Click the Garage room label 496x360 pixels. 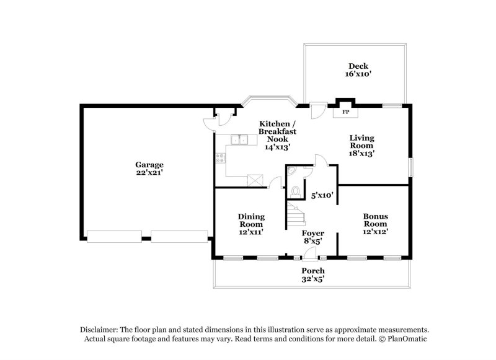[149, 169]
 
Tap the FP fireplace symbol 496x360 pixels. [345, 112]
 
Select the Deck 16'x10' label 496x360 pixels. [358, 69]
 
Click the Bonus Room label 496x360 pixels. [375, 223]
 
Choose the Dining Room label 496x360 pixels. [251, 223]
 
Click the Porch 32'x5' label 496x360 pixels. [313, 275]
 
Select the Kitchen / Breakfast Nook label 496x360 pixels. [278, 134]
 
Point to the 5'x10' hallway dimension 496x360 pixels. [322, 195]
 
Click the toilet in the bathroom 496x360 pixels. [295, 191]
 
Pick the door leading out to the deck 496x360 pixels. [317, 111]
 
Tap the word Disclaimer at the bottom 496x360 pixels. [100, 330]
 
